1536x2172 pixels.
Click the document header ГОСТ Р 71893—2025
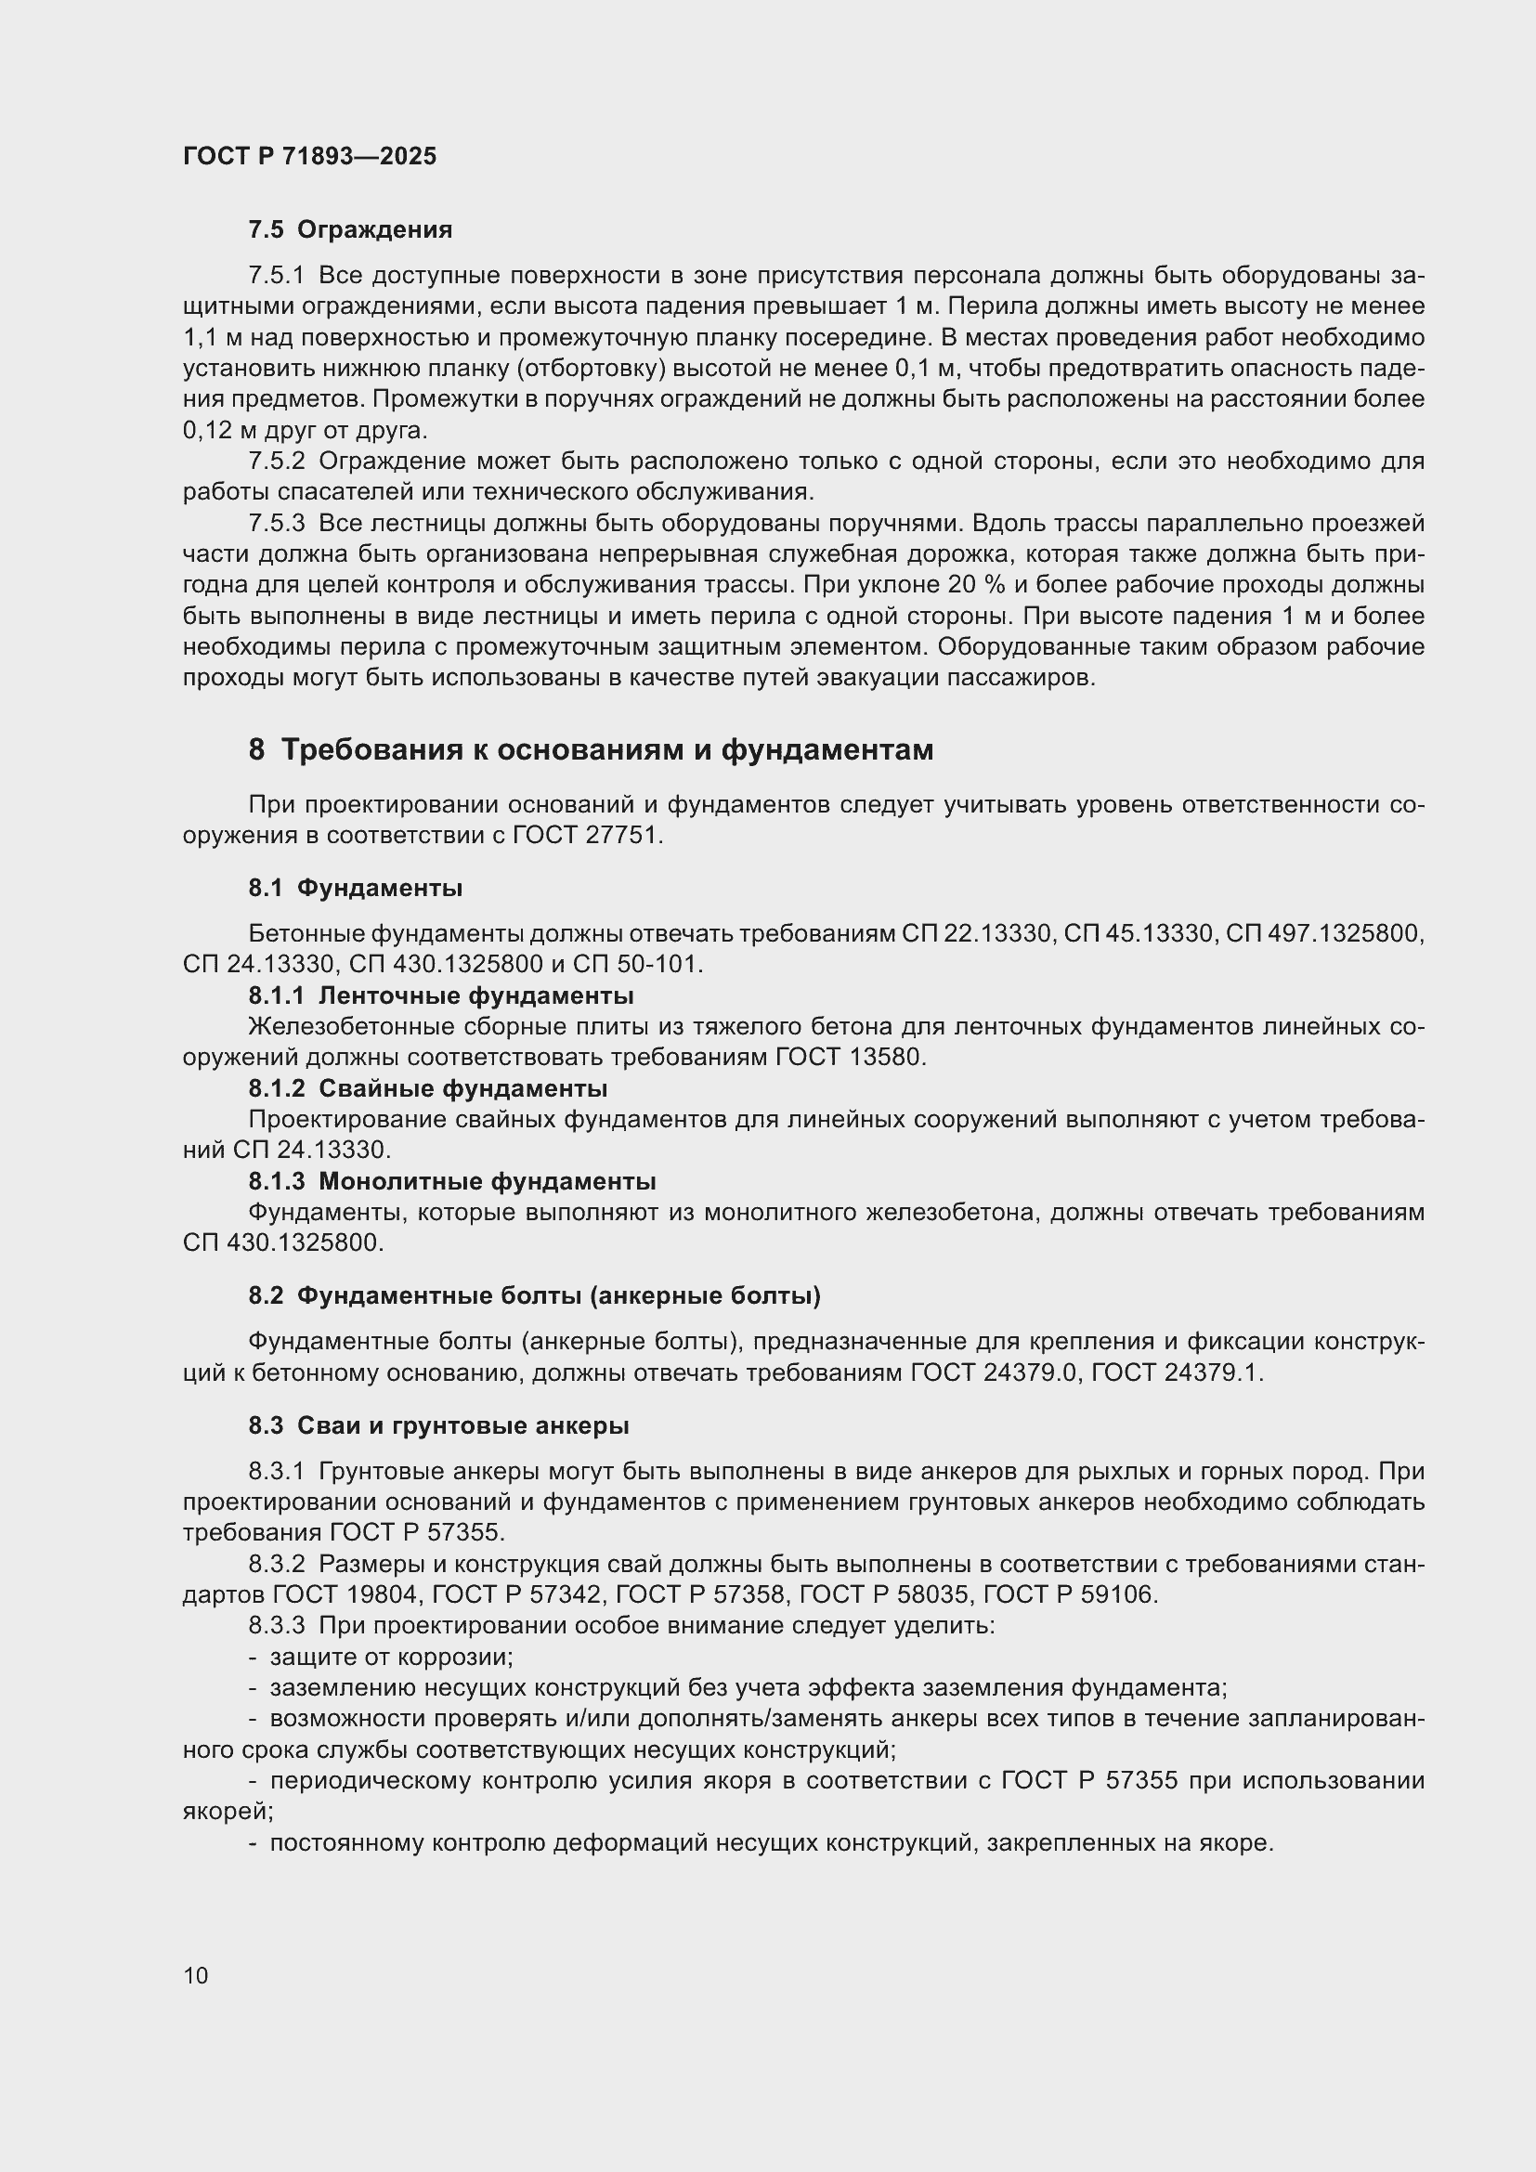click(309, 156)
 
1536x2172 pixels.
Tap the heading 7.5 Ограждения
click(350, 230)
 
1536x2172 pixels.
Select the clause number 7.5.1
click(276, 276)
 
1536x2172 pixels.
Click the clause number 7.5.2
click(276, 462)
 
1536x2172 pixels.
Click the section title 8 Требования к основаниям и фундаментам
click(591, 750)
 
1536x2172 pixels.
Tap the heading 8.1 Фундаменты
click(355, 889)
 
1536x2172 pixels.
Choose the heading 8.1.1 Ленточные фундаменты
click(441, 996)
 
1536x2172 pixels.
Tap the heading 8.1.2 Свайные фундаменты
click(427, 1089)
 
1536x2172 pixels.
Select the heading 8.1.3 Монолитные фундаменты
click(452, 1181)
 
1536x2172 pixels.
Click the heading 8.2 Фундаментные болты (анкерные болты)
click(534, 1296)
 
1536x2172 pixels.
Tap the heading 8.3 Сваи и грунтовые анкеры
click(439, 1425)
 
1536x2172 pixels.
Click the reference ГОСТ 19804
click(345, 1595)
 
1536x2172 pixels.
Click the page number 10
click(196, 1976)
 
